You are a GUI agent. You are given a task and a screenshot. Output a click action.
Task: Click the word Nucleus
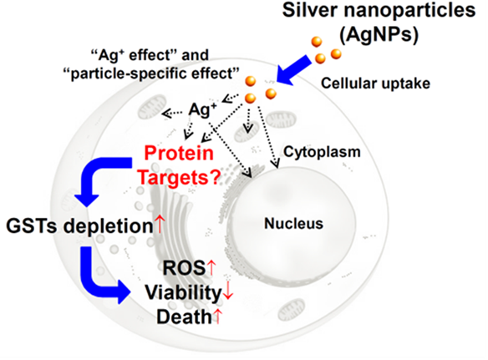coord(293,223)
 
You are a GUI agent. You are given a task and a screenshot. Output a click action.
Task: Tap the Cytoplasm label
coord(322,152)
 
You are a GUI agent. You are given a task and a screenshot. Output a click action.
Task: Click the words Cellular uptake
coord(376,84)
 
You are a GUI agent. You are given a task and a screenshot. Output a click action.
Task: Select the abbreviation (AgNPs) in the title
coord(379,34)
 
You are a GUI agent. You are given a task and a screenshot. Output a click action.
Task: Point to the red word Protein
coord(179,154)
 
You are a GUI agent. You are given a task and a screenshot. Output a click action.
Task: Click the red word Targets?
coord(179,178)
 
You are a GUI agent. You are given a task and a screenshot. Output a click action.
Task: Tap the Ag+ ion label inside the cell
coord(202,109)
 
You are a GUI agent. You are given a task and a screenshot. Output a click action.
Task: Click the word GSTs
coord(32,226)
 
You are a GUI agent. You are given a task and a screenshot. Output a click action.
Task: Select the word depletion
coord(108,226)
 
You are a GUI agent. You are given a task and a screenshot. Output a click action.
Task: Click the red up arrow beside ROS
coord(211,267)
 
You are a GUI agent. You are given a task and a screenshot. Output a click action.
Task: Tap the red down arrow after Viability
coord(228,292)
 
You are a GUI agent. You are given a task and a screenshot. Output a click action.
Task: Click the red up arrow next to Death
coord(218,316)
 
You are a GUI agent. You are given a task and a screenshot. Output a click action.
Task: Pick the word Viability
coord(183,293)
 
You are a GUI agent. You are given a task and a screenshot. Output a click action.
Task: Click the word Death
coord(184,317)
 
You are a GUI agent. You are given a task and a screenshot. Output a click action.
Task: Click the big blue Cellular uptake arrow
coord(293,71)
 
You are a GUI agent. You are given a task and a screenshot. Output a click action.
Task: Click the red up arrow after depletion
coord(160,225)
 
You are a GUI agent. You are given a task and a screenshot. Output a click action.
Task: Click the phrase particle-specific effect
coord(151,74)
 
